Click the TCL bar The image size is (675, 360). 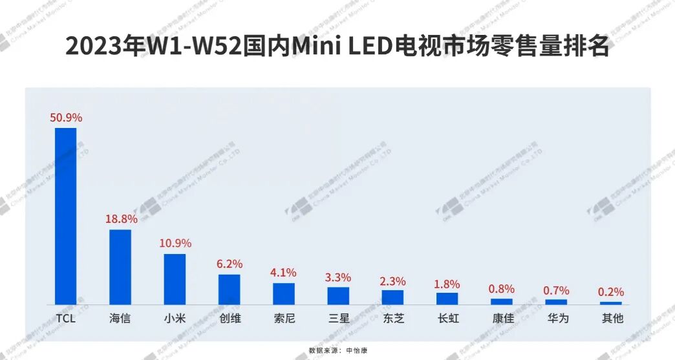(x=65, y=216)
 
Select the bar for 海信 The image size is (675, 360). (x=120, y=267)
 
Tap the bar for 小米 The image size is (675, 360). (x=175, y=279)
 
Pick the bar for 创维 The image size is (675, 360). (x=229, y=289)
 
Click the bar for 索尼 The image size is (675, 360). (x=283, y=293)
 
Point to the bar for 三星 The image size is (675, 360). (x=338, y=295)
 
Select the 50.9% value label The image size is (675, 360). (x=66, y=118)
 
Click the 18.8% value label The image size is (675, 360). (x=121, y=219)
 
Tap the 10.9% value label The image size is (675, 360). (x=175, y=244)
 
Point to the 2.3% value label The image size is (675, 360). (x=392, y=281)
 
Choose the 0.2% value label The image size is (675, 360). (x=610, y=292)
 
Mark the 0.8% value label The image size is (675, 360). (x=502, y=289)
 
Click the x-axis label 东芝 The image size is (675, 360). (x=393, y=319)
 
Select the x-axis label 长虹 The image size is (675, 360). (x=447, y=319)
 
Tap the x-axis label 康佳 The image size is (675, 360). (x=502, y=319)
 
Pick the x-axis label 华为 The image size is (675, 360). (x=556, y=319)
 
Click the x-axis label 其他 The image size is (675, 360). (x=611, y=319)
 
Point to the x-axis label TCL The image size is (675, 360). (x=66, y=319)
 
